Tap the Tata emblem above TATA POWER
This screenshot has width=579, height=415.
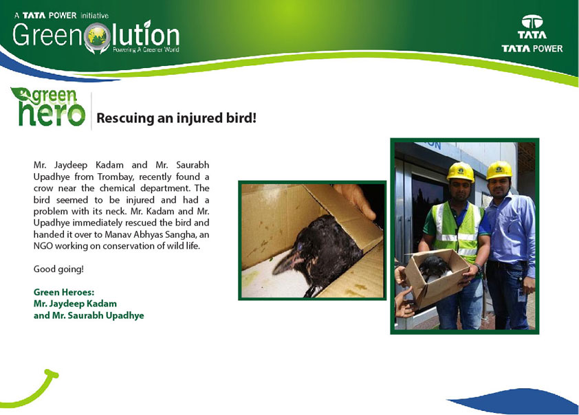[532, 22]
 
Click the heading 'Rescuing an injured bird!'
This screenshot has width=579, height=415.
[176, 118]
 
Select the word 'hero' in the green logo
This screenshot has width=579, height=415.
[52, 114]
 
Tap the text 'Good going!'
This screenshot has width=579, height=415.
[58, 269]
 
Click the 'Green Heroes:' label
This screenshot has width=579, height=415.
[64, 292]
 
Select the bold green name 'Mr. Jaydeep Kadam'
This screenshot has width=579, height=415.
[75, 304]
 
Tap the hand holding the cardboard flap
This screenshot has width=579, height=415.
[355, 199]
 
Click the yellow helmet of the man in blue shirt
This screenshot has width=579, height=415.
[499, 170]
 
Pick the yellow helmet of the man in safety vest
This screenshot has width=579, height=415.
[461, 172]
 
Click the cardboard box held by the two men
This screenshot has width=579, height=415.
[436, 278]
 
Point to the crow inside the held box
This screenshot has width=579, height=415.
[435, 267]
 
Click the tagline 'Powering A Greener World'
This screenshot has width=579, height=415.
[146, 49]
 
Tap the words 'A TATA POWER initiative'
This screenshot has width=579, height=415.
[61, 16]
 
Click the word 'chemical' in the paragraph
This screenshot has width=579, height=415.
[117, 188]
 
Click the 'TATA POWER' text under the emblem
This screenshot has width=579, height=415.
[532, 48]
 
